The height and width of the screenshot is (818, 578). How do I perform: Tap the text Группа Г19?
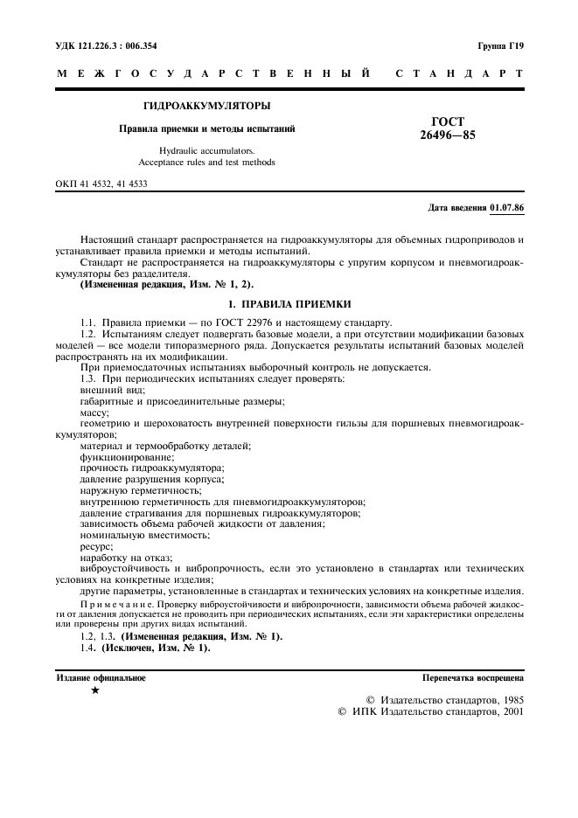501,45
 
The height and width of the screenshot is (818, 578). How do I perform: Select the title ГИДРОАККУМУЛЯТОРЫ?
206,106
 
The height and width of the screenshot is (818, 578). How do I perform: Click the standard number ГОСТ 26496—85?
448,128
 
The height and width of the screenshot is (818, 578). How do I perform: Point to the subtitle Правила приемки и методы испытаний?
206,128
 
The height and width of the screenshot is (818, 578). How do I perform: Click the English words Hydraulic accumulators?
206,151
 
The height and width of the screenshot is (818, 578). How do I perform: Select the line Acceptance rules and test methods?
206,163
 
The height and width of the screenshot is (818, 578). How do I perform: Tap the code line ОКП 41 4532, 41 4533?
102,184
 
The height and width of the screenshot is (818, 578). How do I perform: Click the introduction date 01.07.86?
506,208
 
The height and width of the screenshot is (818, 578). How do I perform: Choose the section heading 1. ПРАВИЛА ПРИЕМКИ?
289,303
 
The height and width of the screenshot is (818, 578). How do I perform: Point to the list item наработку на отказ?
126,558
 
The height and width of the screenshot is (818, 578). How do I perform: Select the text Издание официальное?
101,677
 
